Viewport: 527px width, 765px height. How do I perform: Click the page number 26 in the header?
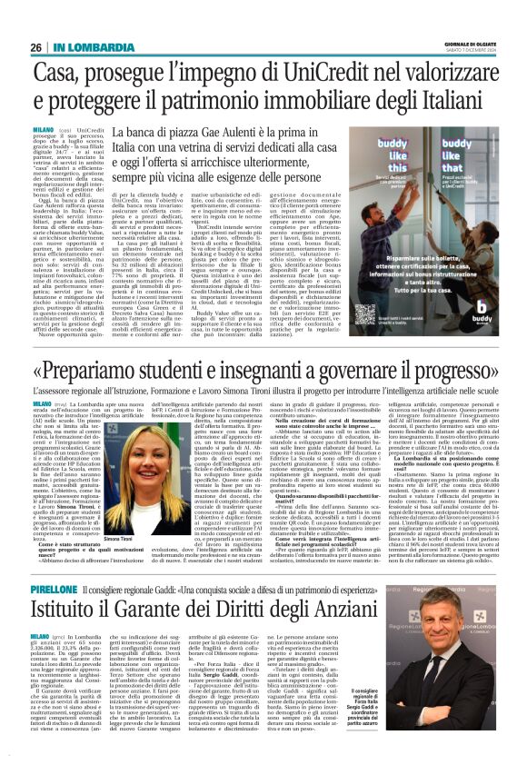pos(36,47)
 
